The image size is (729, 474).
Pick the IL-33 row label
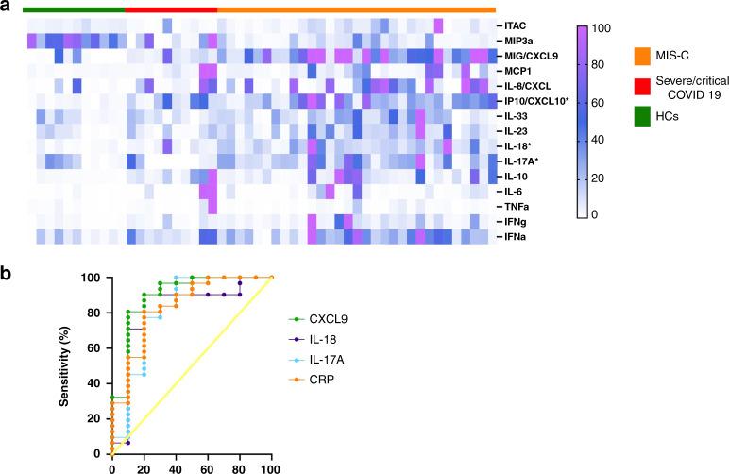(x=517, y=115)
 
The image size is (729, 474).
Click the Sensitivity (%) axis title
(x=62, y=364)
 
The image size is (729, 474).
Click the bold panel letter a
(x=7, y=8)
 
